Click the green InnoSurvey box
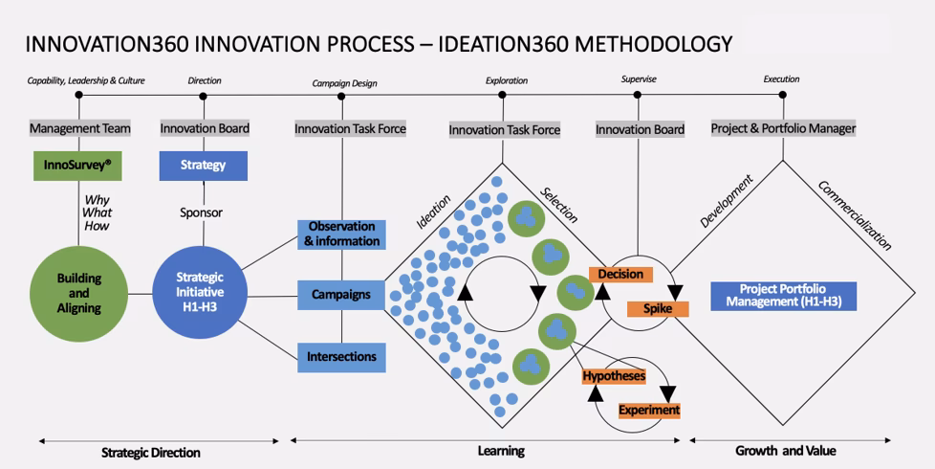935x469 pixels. tap(77, 165)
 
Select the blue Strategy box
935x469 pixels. tap(203, 165)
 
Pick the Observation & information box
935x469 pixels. tap(341, 234)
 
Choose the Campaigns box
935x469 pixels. tap(341, 295)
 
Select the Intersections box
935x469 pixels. tap(341, 357)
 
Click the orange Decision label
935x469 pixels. tap(620, 275)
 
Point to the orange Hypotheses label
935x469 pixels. tap(614, 376)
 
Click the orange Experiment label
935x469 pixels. tap(649, 410)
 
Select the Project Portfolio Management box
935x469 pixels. tap(783, 296)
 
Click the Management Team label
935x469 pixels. tap(79, 128)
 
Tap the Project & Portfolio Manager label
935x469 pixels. tap(783, 128)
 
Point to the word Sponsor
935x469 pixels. tap(202, 212)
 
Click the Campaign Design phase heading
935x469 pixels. tap(344, 83)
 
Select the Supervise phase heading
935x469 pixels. tap(639, 79)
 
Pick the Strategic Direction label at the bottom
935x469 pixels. tap(151, 452)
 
